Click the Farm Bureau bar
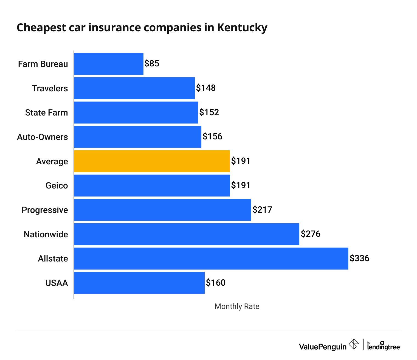click(x=109, y=64)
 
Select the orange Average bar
click(x=152, y=161)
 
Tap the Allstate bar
click(x=211, y=258)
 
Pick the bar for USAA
click(x=139, y=283)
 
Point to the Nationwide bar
click(x=187, y=234)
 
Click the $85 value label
click(x=152, y=63)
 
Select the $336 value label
click(x=359, y=258)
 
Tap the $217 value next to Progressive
click(x=262, y=210)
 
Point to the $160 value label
click(x=216, y=283)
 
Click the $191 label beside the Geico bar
click(x=241, y=185)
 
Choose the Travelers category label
click(x=50, y=88)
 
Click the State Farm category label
click(x=46, y=113)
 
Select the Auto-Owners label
click(x=43, y=137)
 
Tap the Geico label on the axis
click(x=57, y=185)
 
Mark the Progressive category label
click(x=45, y=210)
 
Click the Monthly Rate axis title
click(x=237, y=306)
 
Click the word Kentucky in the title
click(x=242, y=28)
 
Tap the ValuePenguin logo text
click(x=323, y=347)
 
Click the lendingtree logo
click(x=384, y=346)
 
